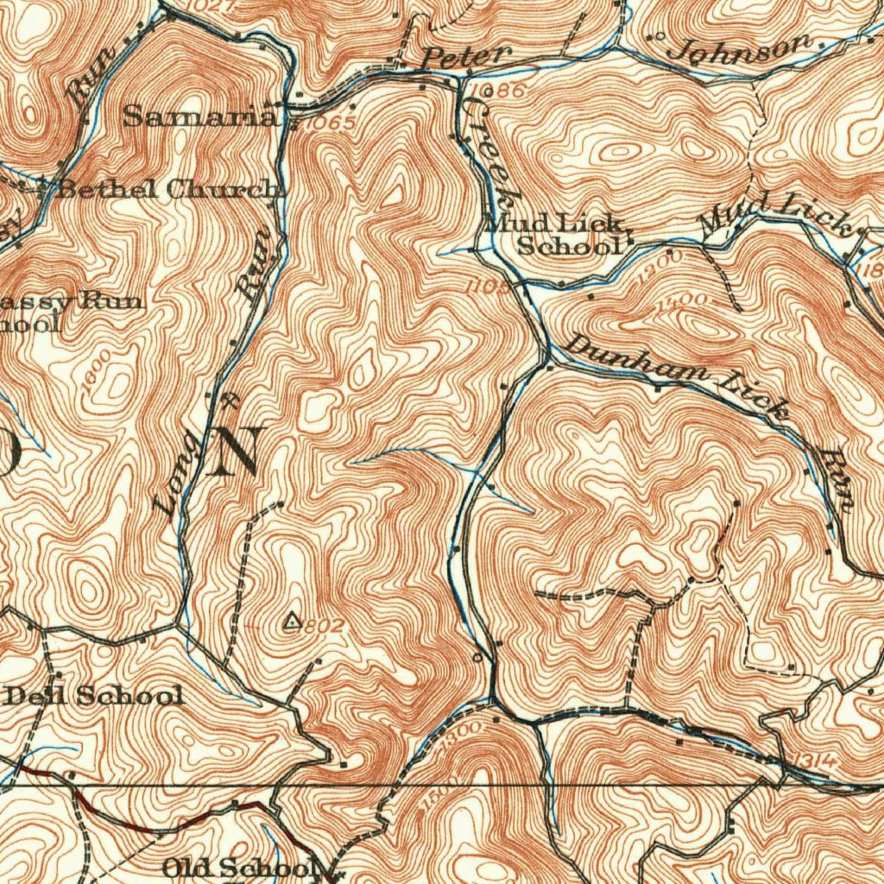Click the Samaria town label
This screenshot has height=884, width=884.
point(199,116)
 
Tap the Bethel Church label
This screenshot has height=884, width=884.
point(169,189)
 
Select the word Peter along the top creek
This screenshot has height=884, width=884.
point(465,57)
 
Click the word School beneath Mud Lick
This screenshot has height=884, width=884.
point(569,245)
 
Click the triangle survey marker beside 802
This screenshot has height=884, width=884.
point(293,620)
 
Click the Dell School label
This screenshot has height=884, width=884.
point(95,695)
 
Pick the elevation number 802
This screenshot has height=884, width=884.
point(325,626)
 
